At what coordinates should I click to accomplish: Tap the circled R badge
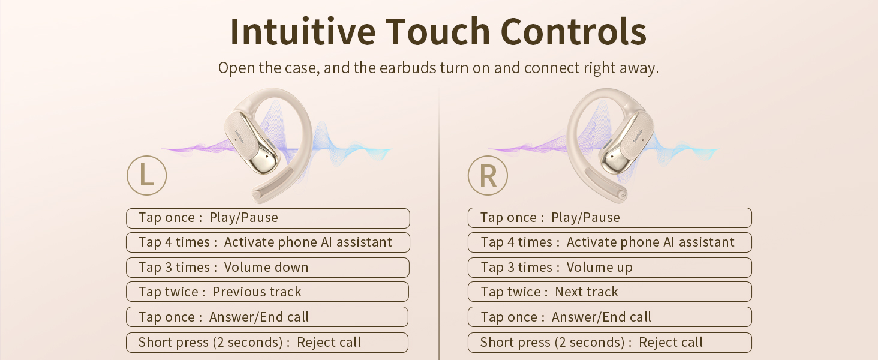point(488,175)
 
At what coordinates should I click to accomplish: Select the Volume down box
point(267,268)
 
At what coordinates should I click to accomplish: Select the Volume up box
point(609,268)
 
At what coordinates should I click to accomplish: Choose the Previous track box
point(267,292)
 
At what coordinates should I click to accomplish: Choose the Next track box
point(609,292)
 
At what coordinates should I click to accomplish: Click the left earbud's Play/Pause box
point(267,218)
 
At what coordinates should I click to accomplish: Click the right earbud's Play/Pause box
point(609,218)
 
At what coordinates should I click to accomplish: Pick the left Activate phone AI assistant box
point(267,242)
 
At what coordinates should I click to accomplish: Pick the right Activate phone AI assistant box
point(609,242)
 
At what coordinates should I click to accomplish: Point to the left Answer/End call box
point(267,317)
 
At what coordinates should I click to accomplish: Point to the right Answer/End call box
point(609,317)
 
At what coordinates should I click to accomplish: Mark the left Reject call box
point(267,343)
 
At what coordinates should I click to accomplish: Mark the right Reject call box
point(609,343)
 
